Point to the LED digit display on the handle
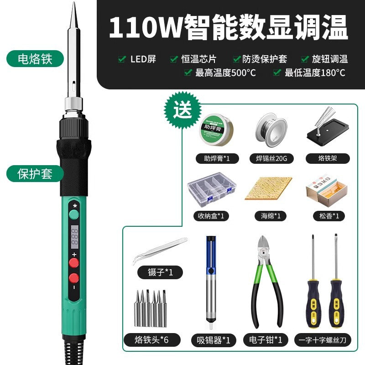[74, 236]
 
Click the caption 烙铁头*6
[152, 340]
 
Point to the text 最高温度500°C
[225, 72]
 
